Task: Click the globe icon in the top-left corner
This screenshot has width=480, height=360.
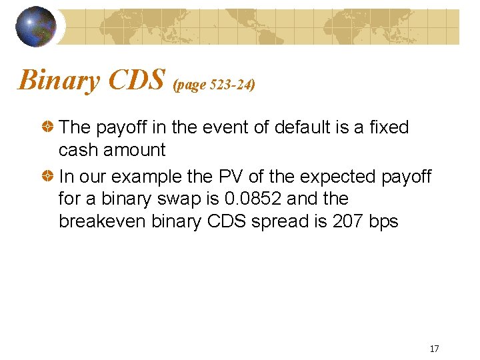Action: pyautogui.click(x=36, y=27)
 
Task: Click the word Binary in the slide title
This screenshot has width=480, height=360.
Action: pyautogui.click(x=59, y=80)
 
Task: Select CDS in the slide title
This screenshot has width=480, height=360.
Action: pyautogui.click(x=137, y=80)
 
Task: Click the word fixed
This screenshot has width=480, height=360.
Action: pyautogui.click(x=387, y=127)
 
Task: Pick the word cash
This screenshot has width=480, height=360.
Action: pyautogui.click(x=79, y=150)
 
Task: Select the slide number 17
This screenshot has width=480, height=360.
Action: pyautogui.click(x=434, y=349)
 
